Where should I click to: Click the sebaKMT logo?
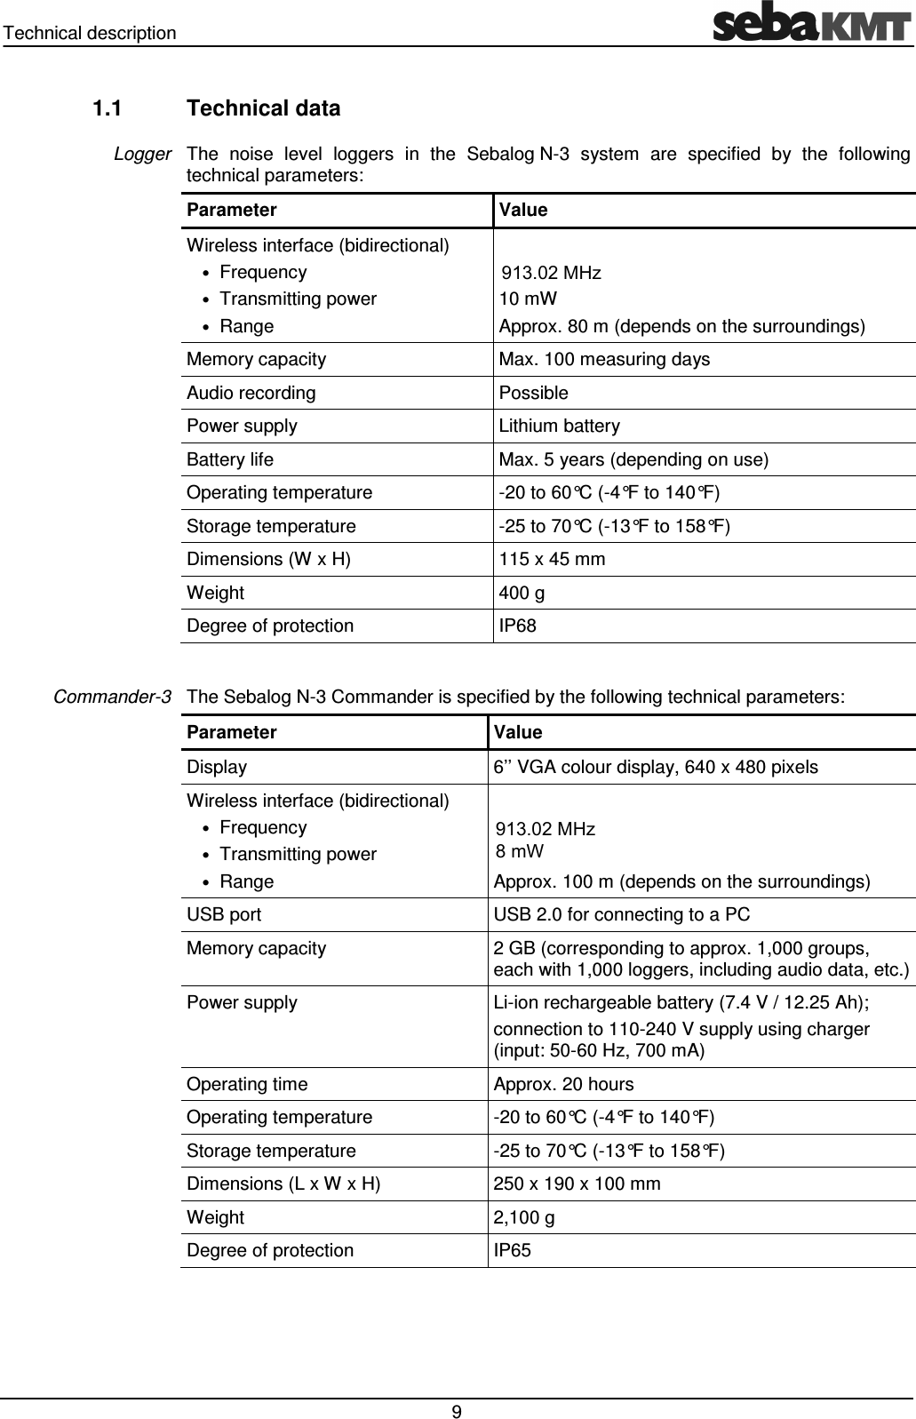pyautogui.click(x=812, y=24)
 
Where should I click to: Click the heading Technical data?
pyautogui.click(x=264, y=108)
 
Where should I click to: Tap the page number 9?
pyautogui.click(x=456, y=1412)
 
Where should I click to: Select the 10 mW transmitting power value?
pyautogui.click(x=528, y=299)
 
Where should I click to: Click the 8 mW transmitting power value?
pyautogui.click(x=520, y=851)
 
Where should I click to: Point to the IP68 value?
pyautogui.click(x=517, y=626)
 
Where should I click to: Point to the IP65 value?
pyautogui.click(x=513, y=1250)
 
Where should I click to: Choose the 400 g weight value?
pyautogui.click(x=522, y=593)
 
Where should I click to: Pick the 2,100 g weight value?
pyautogui.click(x=524, y=1217)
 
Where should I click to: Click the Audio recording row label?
pyautogui.click(x=251, y=393)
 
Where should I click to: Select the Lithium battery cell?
pyautogui.click(x=559, y=426)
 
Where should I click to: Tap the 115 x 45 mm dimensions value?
pyautogui.click(x=552, y=559)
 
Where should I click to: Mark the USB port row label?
pyautogui.click(x=224, y=914)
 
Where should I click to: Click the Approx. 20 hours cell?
pyautogui.click(x=563, y=1084)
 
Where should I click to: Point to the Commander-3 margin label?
pyautogui.click(x=113, y=696)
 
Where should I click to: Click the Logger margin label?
pyautogui.click(x=142, y=155)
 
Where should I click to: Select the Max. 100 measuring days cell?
pyautogui.click(x=604, y=359)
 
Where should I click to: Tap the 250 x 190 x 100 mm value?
pyautogui.click(x=577, y=1184)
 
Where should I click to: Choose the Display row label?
pyautogui.click(x=217, y=766)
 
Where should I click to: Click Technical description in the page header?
pyautogui.click(x=89, y=33)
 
